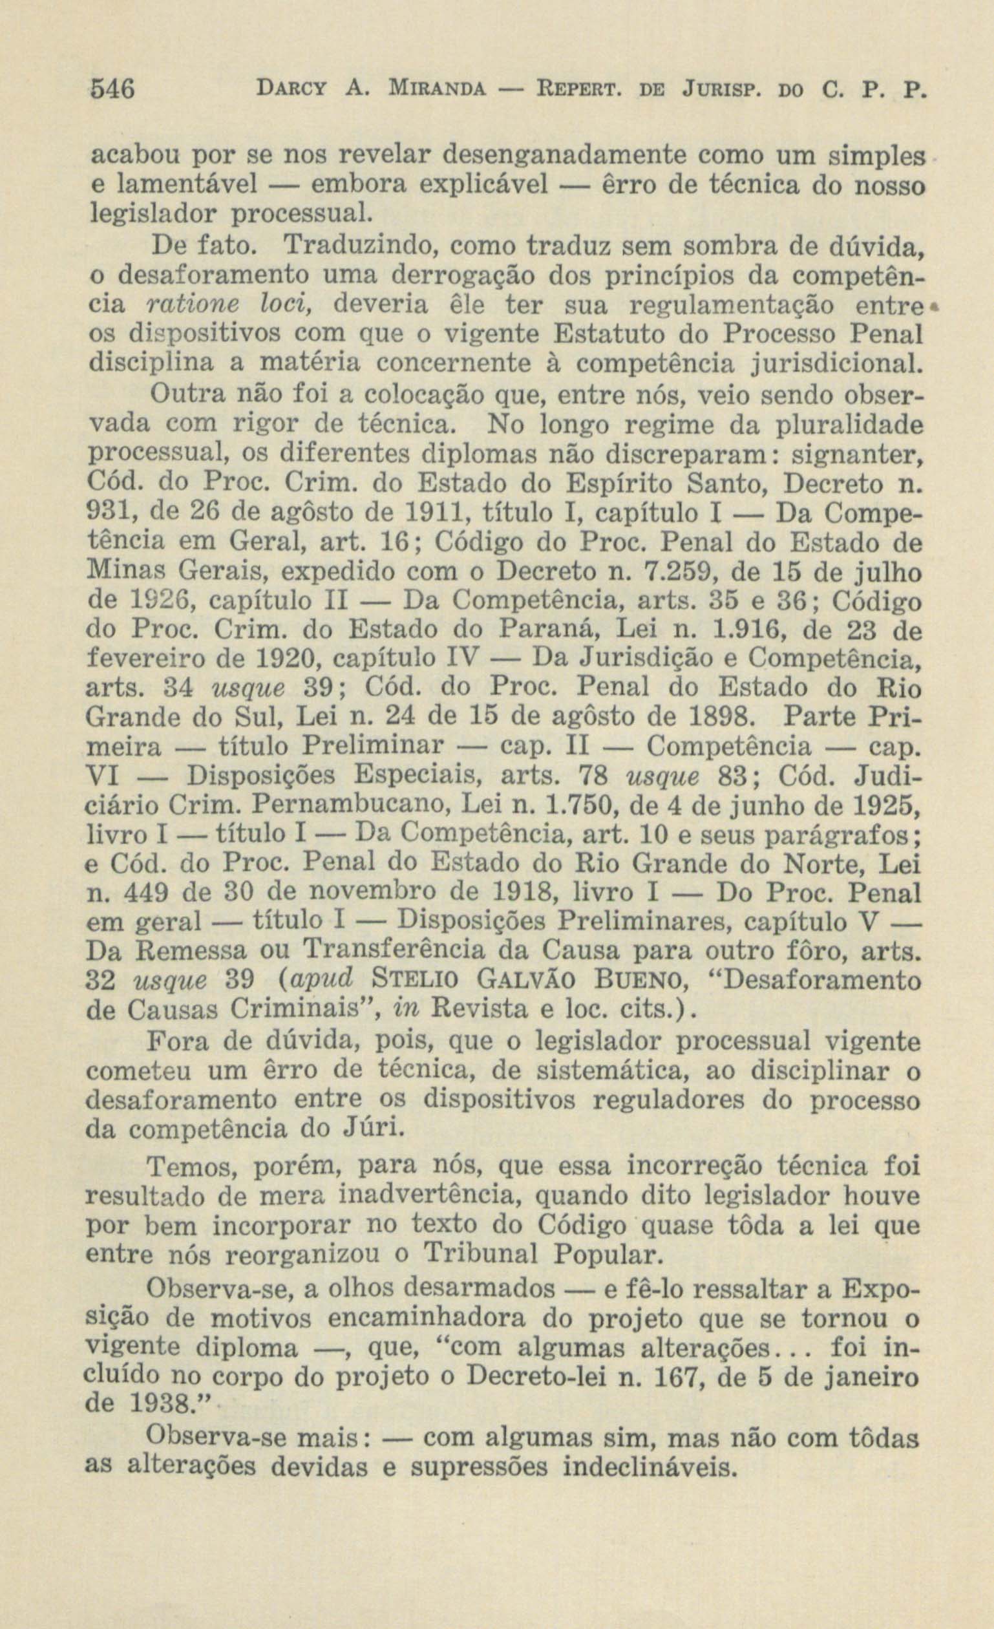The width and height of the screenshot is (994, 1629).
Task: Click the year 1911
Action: (x=427, y=514)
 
